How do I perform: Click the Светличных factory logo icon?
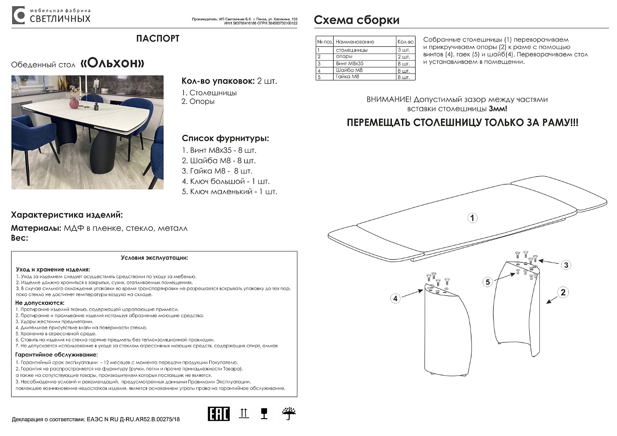[18, 15]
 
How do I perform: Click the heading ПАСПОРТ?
[158, 39]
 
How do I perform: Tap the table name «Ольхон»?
[112, 64]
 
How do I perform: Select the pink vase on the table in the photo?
[74, 103]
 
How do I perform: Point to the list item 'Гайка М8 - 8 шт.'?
[217, 171]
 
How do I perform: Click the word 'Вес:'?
[20, 238]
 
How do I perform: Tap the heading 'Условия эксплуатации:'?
[154, 258]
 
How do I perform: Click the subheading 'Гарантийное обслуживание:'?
[57, 355]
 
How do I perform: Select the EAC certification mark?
[218, 414]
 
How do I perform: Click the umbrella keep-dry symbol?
[289, 413]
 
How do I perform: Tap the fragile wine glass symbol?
[264, 413]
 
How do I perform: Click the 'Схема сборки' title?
[356, 20]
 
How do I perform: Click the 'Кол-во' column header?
[405, 42]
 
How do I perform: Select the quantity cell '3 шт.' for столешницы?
[404, 50]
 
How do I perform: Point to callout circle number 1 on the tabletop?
[473, 218]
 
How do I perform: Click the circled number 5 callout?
[488, 282]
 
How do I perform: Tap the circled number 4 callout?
[395, 299]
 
